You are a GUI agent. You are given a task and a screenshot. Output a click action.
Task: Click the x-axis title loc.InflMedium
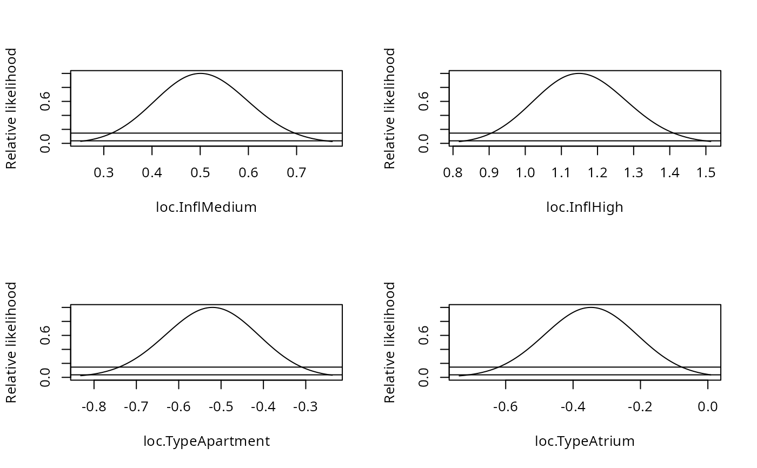pyautogui.click(x=206, y=207)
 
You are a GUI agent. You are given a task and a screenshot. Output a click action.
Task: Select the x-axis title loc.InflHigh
pyautogui.click(x=585, y=207)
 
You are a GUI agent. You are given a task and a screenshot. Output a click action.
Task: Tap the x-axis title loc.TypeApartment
pyautogui.click(x=206, y=441)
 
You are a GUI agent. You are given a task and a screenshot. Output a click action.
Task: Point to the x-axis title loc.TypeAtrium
pyautogui.click(x=585, y=441)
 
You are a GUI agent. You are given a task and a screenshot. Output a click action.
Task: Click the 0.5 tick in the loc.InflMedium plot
pyautogui.click(x=200, y=173)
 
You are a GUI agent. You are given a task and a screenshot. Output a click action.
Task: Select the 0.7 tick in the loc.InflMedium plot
pyautogui.click(x=296, y=173)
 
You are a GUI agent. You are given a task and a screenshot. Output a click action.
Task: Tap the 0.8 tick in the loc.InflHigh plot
pyautogui.click(x=453, y=173)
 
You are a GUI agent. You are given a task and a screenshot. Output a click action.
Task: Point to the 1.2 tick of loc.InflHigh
pyautogui.click(x=597, y=173)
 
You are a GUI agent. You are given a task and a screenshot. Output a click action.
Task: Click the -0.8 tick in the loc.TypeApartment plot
pyautogui.click(x=94, y=407)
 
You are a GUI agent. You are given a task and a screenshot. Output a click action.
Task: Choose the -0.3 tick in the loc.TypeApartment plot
pyautogui.click(x=306, y=407)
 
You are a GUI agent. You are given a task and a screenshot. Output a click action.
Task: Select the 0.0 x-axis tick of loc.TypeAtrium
pyautogui.click(x=708, y=407)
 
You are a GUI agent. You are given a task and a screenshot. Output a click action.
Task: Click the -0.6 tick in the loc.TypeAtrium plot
pyautogui.click(x=506, y=407)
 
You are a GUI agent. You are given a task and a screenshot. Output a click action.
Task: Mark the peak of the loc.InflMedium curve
pyautogui.click(x=200, y=73)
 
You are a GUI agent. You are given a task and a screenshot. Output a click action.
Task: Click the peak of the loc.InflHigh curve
pyautogui.click(x=579, y=73)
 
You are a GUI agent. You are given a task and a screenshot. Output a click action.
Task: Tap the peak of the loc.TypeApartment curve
pyautogui.click(x=213, y=307)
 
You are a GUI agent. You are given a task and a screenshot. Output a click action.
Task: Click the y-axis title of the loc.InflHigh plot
pyautogui.click(x=390, y=108)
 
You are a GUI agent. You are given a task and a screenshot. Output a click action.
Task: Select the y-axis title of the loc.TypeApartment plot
pyautogui.click(x=11, y=342)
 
